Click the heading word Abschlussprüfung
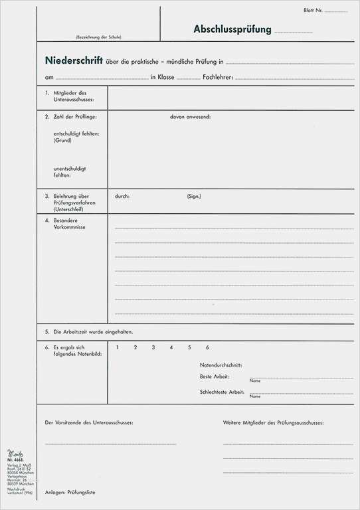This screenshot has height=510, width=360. pyautogui.click(x=232, y=29)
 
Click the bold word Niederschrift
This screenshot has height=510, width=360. pyautogui.click(x=73, y=60)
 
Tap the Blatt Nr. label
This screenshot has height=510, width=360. pyautogui.click(x=312, y=11)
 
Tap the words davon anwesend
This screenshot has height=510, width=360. pyautogui.click(x=190, y=116)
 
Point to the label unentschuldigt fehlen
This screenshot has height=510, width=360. pyautogui.click(x=70, y=171)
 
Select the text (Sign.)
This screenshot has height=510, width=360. pyautogui.click(x=194, y=196)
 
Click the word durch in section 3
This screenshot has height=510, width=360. pyautogui.click(x=122, y=196)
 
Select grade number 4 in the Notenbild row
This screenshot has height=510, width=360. pyautogui.click(x=171, y=347)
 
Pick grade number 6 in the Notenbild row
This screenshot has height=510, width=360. pyautogui.click(x=207, y=347)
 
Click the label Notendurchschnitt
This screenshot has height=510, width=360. pyautogui.click(x=221, y=365)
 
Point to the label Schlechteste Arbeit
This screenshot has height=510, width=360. pyautogui.click(x=222, y=392)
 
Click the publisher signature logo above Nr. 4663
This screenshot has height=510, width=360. pyautogui.click(x=14, y=454)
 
